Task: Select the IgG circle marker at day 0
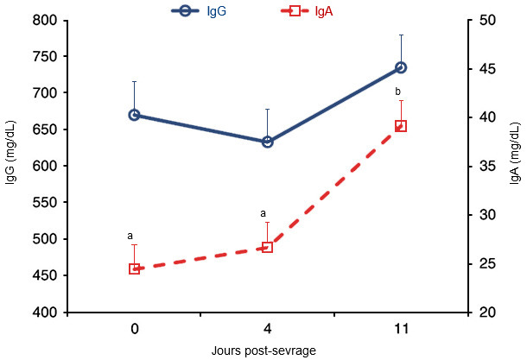pos(135,115)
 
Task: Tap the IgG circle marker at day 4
pos(267,142)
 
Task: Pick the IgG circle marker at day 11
pos(401,67)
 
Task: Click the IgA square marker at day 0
pos(135,268)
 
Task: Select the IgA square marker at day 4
pos(267,247)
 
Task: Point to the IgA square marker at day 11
pos(401,126)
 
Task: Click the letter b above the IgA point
pos(397,92)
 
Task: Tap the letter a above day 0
pos(130,235)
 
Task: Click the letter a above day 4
pos(262,213)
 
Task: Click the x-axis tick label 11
pos(401,330)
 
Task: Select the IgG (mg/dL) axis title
pos(10,167)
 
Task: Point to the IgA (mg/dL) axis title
pos(515,167)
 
